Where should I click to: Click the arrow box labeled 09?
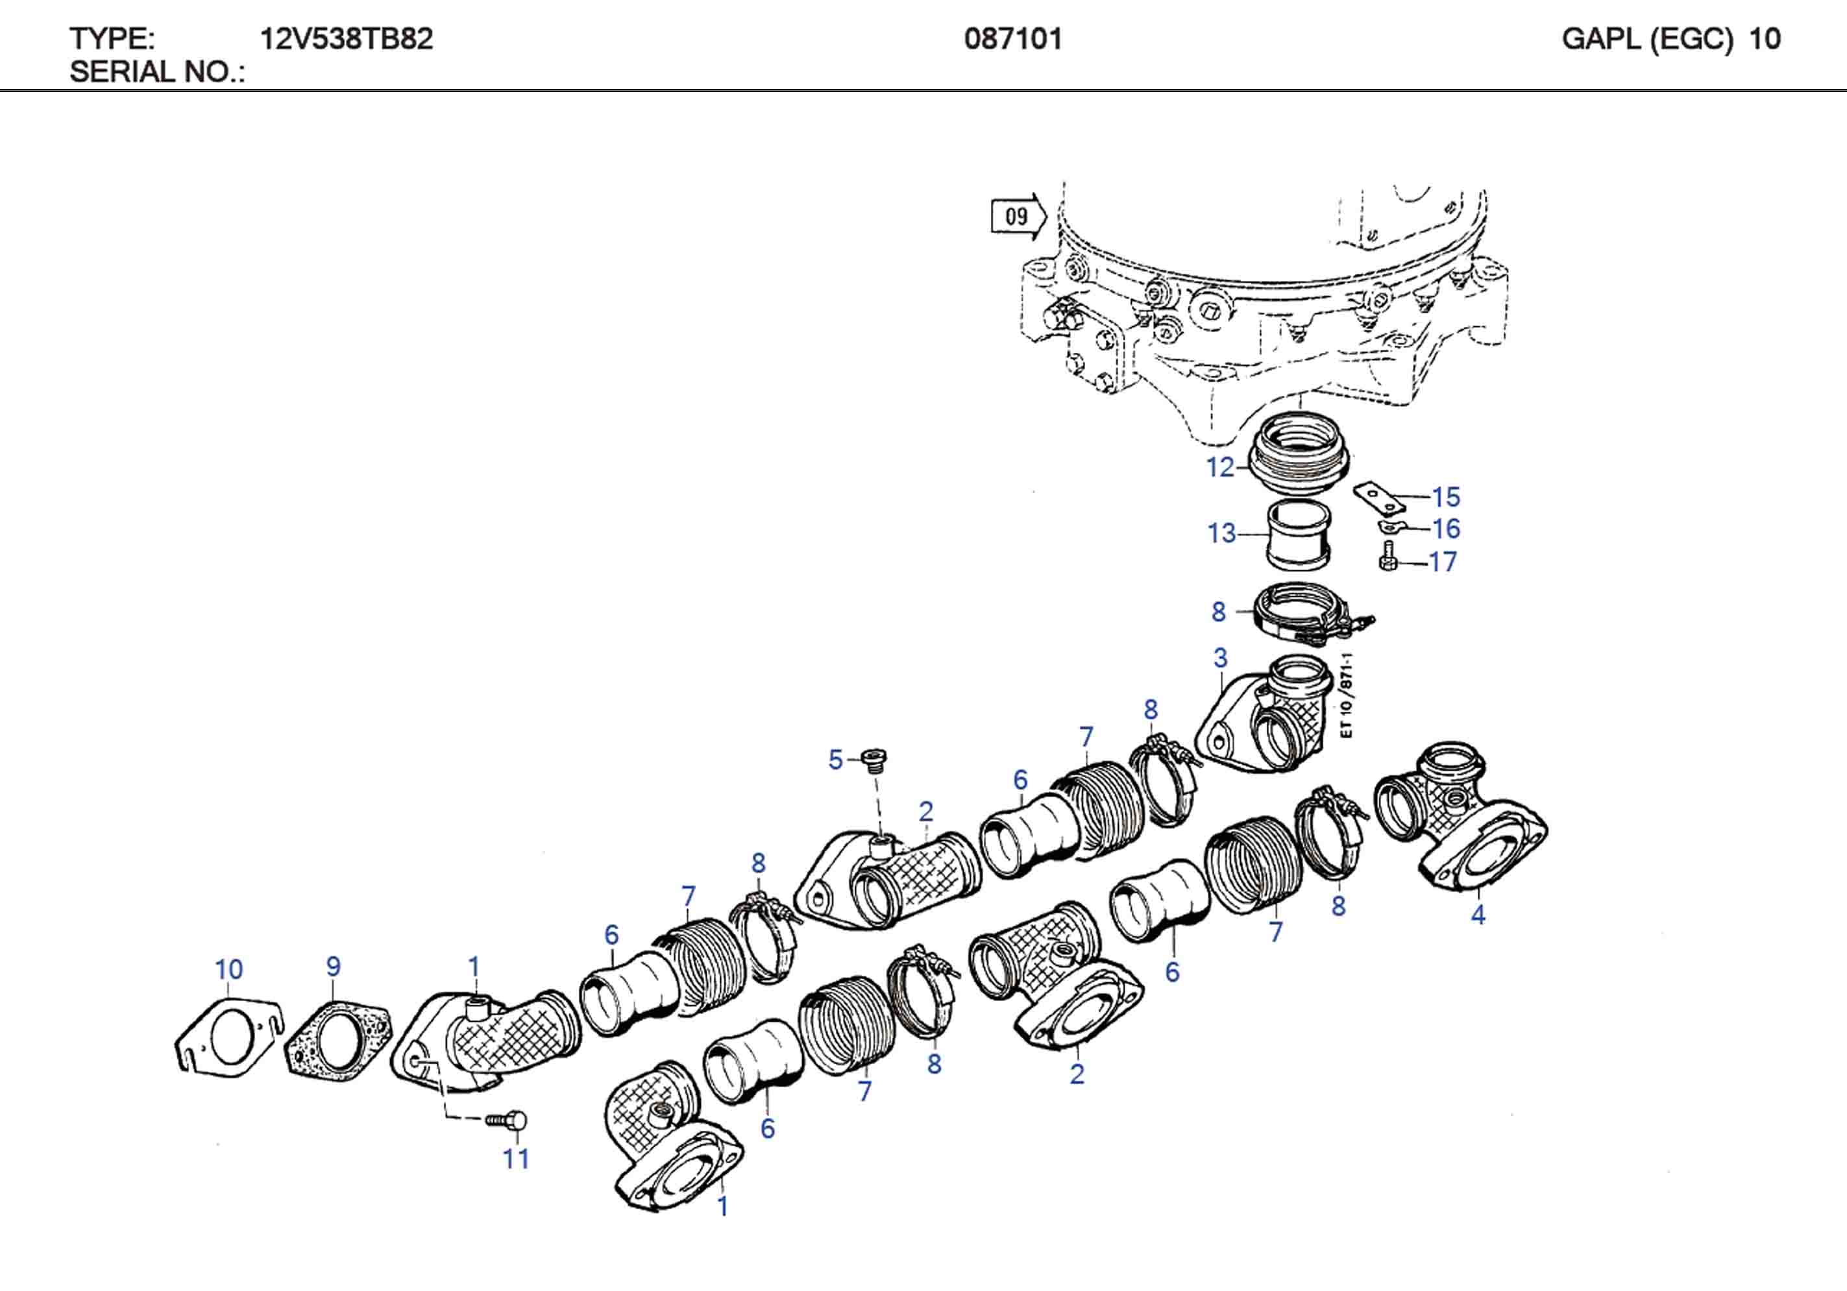tap(1017, 217)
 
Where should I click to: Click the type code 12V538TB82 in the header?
tap(346, 39)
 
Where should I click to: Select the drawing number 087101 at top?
tap(1013, 39)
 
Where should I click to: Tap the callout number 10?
tap(228, 969)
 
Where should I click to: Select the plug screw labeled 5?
tap(873, 758)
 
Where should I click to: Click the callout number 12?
tap(1219, 466)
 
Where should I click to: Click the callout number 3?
tap(1220, 657)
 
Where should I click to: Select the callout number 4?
tap(1478, 915)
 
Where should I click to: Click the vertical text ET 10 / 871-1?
tap(1347, 695)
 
